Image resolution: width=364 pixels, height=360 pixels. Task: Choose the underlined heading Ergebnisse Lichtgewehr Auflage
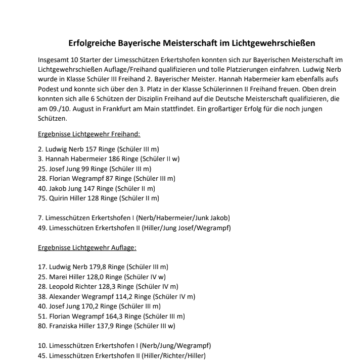(x=87, y=248)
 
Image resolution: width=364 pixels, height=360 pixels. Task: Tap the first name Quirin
(x=57, y=198)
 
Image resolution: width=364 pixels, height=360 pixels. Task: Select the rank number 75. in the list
(x=42, y=198)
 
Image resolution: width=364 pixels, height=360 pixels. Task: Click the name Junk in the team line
(x=201, y=218)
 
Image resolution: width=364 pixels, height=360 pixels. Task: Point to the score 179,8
(x=95, y=267)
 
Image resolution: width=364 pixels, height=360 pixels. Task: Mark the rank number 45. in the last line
(x=42, y=355)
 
